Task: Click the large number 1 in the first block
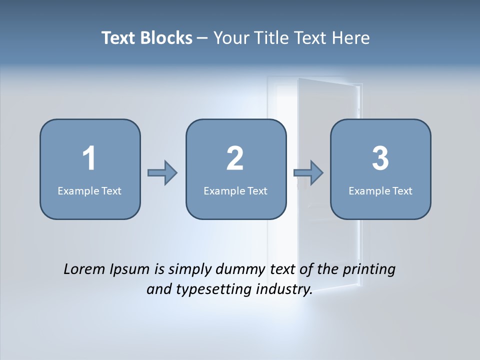pos(89,158)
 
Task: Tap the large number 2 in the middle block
pos(235,158)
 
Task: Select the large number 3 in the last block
pos(380,158)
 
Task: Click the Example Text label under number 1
pos(89,190)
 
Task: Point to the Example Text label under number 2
pos(235,190)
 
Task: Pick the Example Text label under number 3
pos(380,190)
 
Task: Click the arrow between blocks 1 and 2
pos(162,173)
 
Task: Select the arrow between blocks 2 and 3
pos(308,173)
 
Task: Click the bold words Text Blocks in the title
pos(147,38)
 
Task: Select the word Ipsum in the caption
pos(130,270)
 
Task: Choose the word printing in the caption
pos(368,270)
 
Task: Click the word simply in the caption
pos(189,270)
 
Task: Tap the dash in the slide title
pos(202,38)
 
